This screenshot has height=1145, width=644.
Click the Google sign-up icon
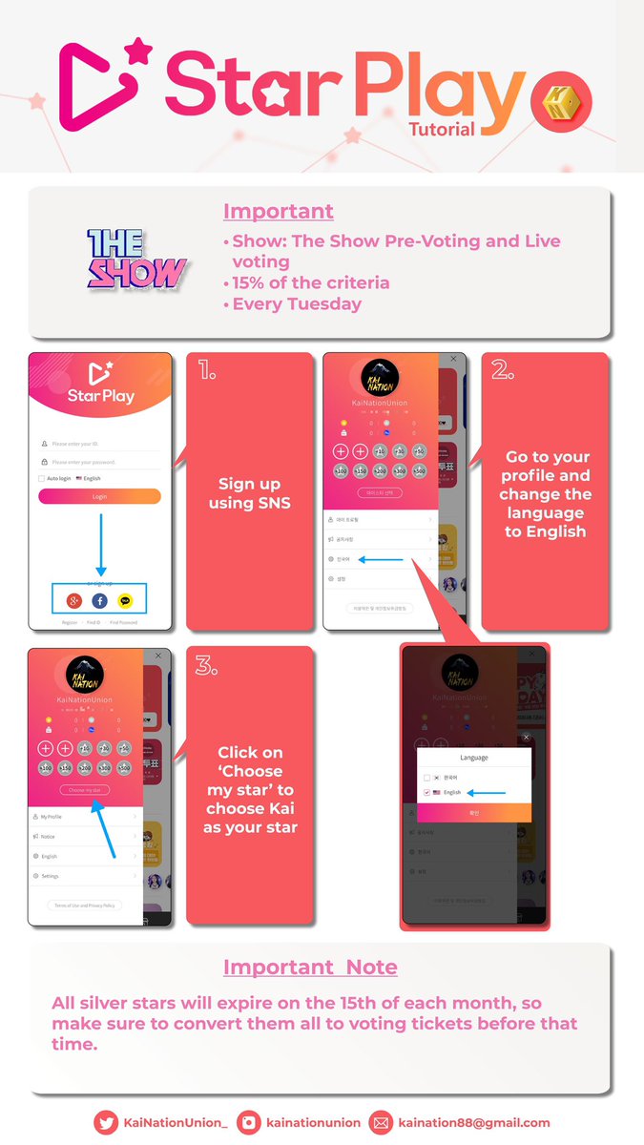tap(73, 601)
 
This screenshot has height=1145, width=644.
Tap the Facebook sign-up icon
tap(99, 601)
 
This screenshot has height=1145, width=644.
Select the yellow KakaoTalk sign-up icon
tap(126, 601)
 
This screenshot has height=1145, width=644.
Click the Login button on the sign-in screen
tap(99, 496)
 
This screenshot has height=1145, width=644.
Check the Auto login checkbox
tap(42, 478)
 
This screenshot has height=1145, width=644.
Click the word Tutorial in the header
tap(441, 129)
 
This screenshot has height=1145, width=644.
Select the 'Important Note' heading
tap(310, 967)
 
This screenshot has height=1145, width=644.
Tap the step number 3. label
tap(207, 666)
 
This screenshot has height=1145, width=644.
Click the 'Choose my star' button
tap(85, 790)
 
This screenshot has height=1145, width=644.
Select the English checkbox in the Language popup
tap(426, 792)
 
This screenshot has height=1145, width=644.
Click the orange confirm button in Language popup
tap(473, 812)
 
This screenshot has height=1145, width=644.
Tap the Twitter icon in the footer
tap(105, 1123)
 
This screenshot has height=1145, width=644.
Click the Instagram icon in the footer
tap(249, 1123)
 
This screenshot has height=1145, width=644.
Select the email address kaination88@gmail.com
tap(474, 1123)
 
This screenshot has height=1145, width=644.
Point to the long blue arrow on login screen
tap(99, 544)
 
